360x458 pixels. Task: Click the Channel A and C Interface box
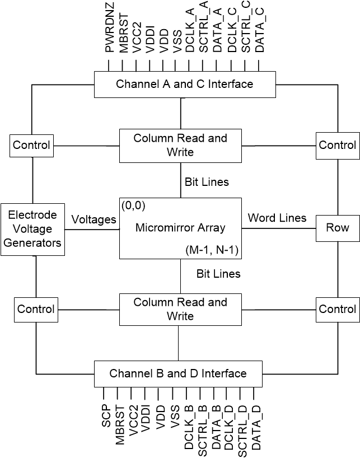click(184, 85)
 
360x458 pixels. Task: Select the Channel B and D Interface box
click(177, 373)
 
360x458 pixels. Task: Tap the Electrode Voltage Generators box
click(32, 229)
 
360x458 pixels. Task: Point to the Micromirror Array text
click(180, 228)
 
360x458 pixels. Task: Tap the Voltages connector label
click(93, 219)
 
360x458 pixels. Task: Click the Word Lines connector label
click(277, 218)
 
